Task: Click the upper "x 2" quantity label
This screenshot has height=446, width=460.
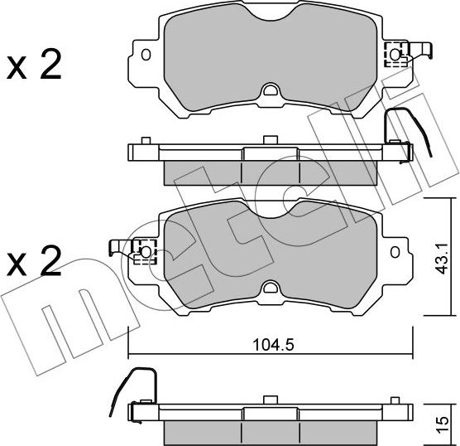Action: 34,65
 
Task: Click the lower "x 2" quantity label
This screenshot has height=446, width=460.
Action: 34,263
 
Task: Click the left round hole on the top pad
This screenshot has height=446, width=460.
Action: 146,56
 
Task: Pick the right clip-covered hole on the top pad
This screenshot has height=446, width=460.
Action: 395,56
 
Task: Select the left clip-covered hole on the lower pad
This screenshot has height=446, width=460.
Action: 146,249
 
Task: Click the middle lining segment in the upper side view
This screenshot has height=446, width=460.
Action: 271,171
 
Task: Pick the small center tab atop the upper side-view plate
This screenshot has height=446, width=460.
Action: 266,139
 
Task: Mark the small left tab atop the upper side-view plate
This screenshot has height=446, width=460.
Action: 146,141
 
